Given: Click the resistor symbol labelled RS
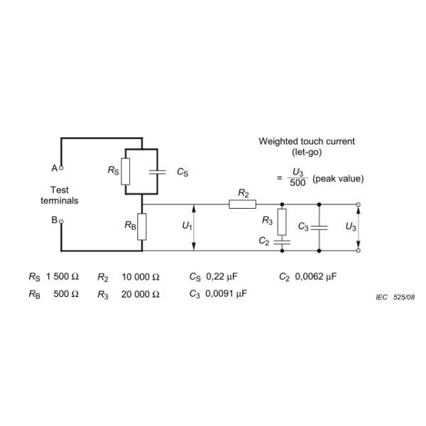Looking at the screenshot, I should click(x=126, y=171).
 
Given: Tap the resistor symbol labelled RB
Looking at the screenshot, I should click(x=143, y=226).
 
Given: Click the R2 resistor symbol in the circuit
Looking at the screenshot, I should click(x=243, y=204).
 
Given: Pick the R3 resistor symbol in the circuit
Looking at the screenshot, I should click(x=282, y=222).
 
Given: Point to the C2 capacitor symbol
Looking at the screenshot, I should click(x=282, y=241).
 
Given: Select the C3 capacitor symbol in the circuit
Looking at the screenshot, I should click(x=319, y=227).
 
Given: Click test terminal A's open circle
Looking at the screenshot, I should click(x=61, y=168).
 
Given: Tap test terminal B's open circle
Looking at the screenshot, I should click(x=61, y=221).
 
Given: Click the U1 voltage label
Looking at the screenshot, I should click(x=186, y=226).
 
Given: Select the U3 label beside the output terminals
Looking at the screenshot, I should click(x=350, y=226).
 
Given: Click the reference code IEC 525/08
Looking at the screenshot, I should click(x=395, y=297).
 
